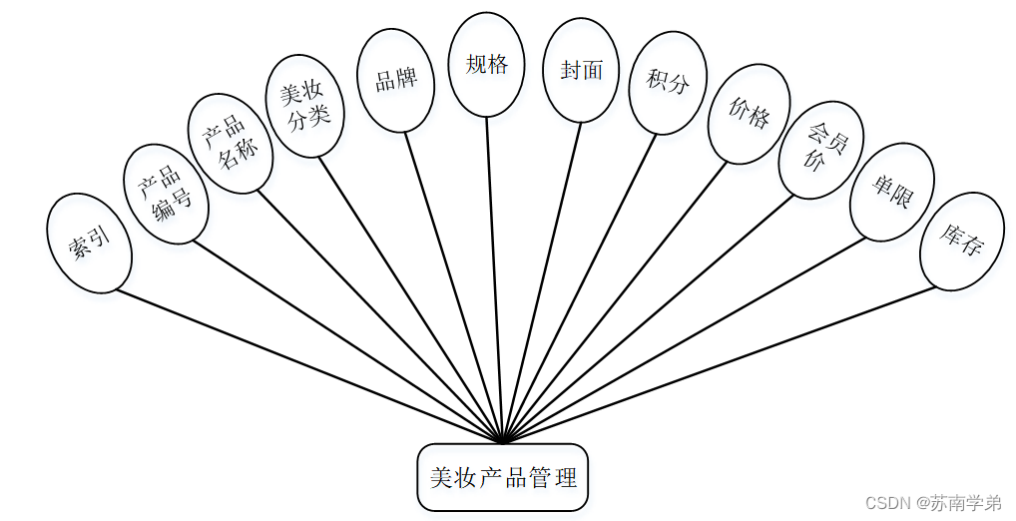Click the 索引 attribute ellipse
(x=89, y=243)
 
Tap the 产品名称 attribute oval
(x=230, y=143)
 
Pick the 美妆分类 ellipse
(x=306, y=106)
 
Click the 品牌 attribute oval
(x=395, y=80)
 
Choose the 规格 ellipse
(x=486, y=65)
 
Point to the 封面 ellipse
(x=582, y=70)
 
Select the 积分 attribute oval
(x=668, y=82)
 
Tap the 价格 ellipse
(x=749, y=115)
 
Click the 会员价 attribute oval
(x=820, y=149)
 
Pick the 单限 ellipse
(x=891, y=192)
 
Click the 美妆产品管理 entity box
(x=503, y=477)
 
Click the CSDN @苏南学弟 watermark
(x=933, y=502)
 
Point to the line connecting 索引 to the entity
(x=309, y=365)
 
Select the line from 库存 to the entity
(x=719, y=364)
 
